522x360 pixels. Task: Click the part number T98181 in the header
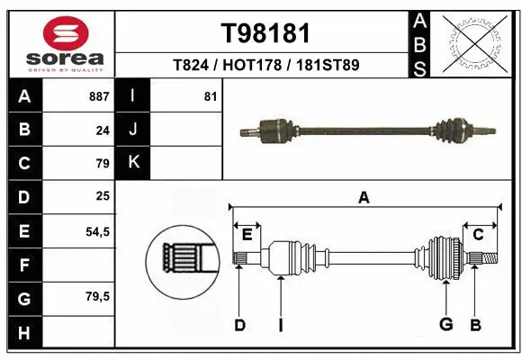point(265,33)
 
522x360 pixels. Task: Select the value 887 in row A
point(98,95)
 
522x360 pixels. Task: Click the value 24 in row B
point(103,130)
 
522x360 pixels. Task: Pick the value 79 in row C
point(103,164)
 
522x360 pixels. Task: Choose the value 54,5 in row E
point(97,231)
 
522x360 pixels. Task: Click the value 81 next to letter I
point(211,95)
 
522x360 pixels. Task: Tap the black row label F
point(23,265)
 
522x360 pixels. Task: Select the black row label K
point(133,163)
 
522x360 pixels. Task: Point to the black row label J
point(133,130)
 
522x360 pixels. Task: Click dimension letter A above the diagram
point(364,198)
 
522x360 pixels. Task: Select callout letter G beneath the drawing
point(445,325)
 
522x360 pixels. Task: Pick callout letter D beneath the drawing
point(239,325)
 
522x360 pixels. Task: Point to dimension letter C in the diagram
point(478,235)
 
